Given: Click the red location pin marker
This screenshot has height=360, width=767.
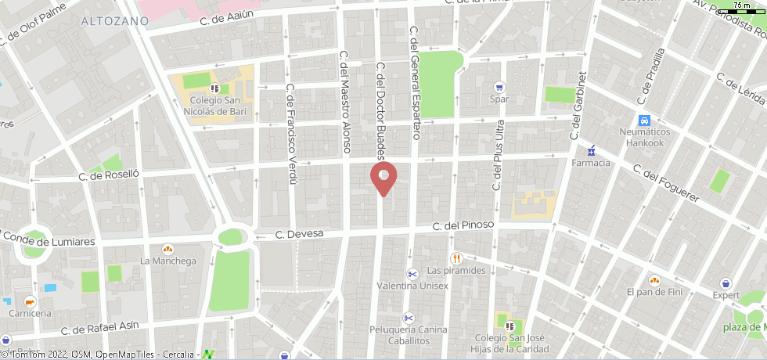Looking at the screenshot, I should pos(383,177).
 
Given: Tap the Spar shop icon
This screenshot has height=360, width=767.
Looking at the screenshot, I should pos(499,87).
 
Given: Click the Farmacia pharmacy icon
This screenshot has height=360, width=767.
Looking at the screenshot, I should pos(592,150).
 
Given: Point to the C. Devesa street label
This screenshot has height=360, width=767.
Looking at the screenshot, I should pos(294,234).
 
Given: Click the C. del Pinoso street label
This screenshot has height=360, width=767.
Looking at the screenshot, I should pos(464,226).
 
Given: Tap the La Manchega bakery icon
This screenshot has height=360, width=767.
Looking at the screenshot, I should pos(167,249).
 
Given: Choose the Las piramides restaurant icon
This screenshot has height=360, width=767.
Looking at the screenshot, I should pos(456,258).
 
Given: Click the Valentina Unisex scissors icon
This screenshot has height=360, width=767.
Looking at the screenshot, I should pos(412,273).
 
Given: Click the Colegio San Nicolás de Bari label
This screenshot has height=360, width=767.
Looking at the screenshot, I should pos(214,106).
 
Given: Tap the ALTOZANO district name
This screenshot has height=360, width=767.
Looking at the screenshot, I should pos(114,21).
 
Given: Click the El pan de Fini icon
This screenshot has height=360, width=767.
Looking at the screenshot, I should pos(654,279).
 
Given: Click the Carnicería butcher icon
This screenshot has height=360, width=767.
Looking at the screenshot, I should pos(30,301).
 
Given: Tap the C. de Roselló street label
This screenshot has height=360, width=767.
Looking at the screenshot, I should pos(109,177).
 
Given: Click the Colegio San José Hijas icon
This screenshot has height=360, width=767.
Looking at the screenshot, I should pos(510,326).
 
